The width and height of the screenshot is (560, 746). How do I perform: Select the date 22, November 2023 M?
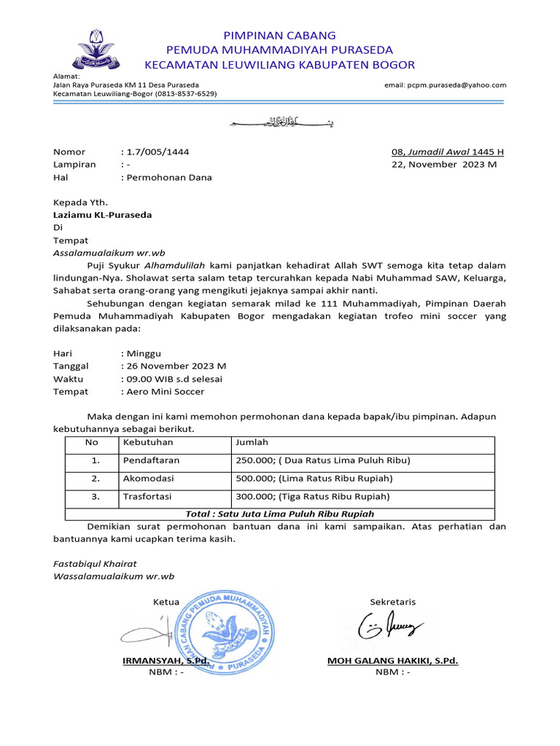pyautogui.click(x=444, y=165)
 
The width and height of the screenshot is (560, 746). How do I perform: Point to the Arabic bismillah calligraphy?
pyautogui.click(x=280, y=122)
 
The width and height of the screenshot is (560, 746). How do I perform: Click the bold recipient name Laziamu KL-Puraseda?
pyautogui.click(x=103, y=215)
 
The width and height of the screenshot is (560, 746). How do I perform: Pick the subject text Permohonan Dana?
pyautogui.click(x=169, y=177)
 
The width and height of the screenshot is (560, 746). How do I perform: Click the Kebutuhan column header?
pyautogui.click(x=148, y=441)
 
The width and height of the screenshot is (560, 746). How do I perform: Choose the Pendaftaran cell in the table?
pyautogui.click(x=151, y=460)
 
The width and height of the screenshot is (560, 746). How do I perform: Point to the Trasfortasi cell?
pyautogui.click(x=147, y=497)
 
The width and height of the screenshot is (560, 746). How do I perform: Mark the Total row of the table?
pyautogui.click(x=280, y=514)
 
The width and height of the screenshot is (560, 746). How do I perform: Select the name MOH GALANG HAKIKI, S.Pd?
pyautogui.click(x=393, y=661)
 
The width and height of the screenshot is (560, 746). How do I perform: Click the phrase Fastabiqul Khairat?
pyautogui.click(x=95, y=564)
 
